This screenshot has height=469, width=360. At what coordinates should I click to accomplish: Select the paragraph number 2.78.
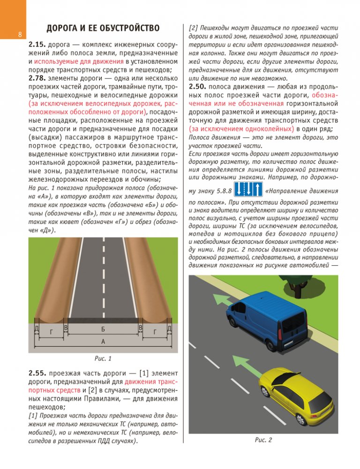point(37,78)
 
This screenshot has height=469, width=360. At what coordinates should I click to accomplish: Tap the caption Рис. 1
point(103,359)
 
